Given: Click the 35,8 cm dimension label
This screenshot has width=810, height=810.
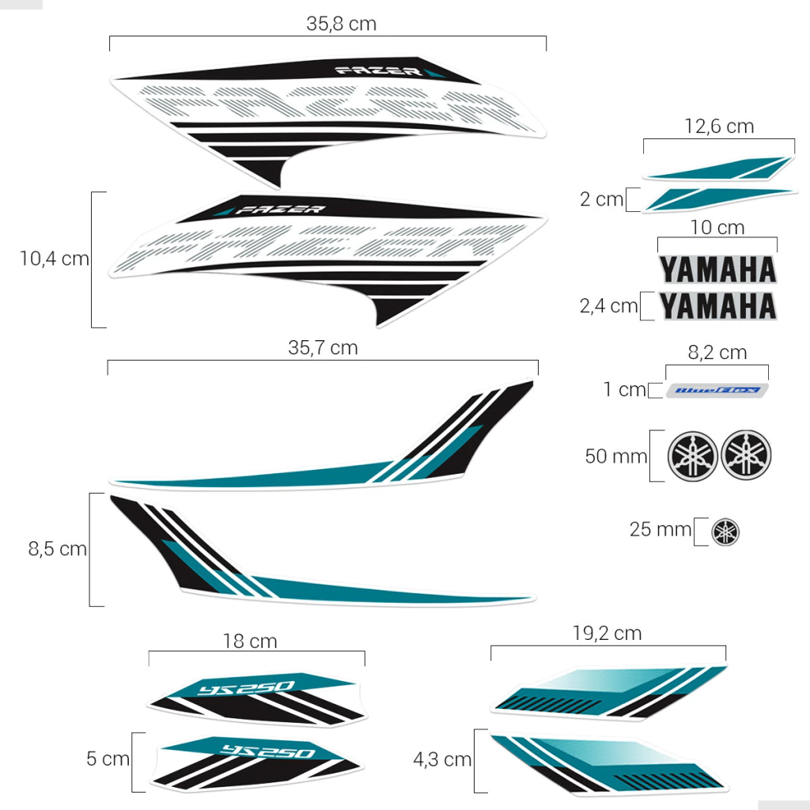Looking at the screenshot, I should point(341,24).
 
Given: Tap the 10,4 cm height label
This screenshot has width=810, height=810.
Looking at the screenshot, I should point(55,259).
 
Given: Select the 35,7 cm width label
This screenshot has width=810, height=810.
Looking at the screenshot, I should point(323,348).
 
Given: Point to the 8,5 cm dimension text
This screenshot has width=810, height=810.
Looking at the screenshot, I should point(58,549).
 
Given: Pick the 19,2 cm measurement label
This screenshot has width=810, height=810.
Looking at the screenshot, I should point(607,633).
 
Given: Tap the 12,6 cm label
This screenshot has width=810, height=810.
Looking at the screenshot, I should point(718,127).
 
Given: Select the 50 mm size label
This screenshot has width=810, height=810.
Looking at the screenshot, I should point(615,456).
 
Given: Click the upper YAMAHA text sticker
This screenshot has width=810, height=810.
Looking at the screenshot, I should point(717,270).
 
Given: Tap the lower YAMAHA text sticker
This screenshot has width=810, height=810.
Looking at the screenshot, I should point(717,305).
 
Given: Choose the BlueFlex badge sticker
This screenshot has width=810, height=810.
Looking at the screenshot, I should point(717,390).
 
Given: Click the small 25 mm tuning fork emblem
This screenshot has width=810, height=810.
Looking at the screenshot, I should point(725,532).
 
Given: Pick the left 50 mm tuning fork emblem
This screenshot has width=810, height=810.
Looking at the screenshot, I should point(694,455).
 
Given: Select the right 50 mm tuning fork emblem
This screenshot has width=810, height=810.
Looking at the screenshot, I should point(746,455).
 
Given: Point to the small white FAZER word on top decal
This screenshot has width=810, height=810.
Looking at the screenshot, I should point(379,71).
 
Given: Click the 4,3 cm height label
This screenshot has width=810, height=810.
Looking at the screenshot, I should point(442,760).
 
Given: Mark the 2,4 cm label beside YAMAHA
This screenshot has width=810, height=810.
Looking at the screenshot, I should point(608,306).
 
